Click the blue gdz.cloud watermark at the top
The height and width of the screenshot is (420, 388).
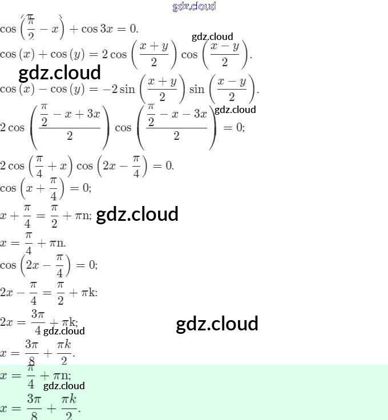pos(194,6)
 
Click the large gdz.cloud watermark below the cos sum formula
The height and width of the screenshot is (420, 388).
pos(59,72)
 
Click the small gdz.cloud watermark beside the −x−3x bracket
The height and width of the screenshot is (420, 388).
pos(235,110)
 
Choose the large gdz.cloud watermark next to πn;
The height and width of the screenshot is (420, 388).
pos(137,215)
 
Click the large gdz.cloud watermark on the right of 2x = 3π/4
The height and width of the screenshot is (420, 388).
pos(217,324)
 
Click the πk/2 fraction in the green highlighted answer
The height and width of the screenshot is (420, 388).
pos(68,407)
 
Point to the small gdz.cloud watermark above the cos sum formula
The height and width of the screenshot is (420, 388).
pos(212,37)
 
